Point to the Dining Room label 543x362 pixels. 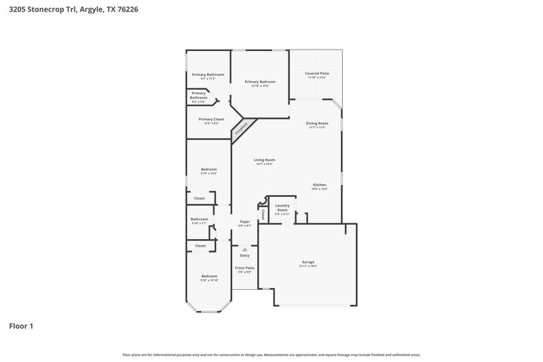pos(318,123)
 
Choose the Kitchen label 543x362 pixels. pos(320,185)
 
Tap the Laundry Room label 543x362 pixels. pos(282,207)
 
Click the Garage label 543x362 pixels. pos(308,262)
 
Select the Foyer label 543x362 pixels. pos(245,221)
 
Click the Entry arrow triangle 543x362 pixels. pos(245,249)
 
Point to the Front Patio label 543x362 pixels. pos(245,268)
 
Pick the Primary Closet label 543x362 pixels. pos(211,119)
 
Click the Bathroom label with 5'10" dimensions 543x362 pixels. pos(200,219)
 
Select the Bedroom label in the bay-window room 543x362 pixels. pos(209,276)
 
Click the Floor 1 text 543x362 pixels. pos(21,326)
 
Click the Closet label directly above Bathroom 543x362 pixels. pos(200,198)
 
